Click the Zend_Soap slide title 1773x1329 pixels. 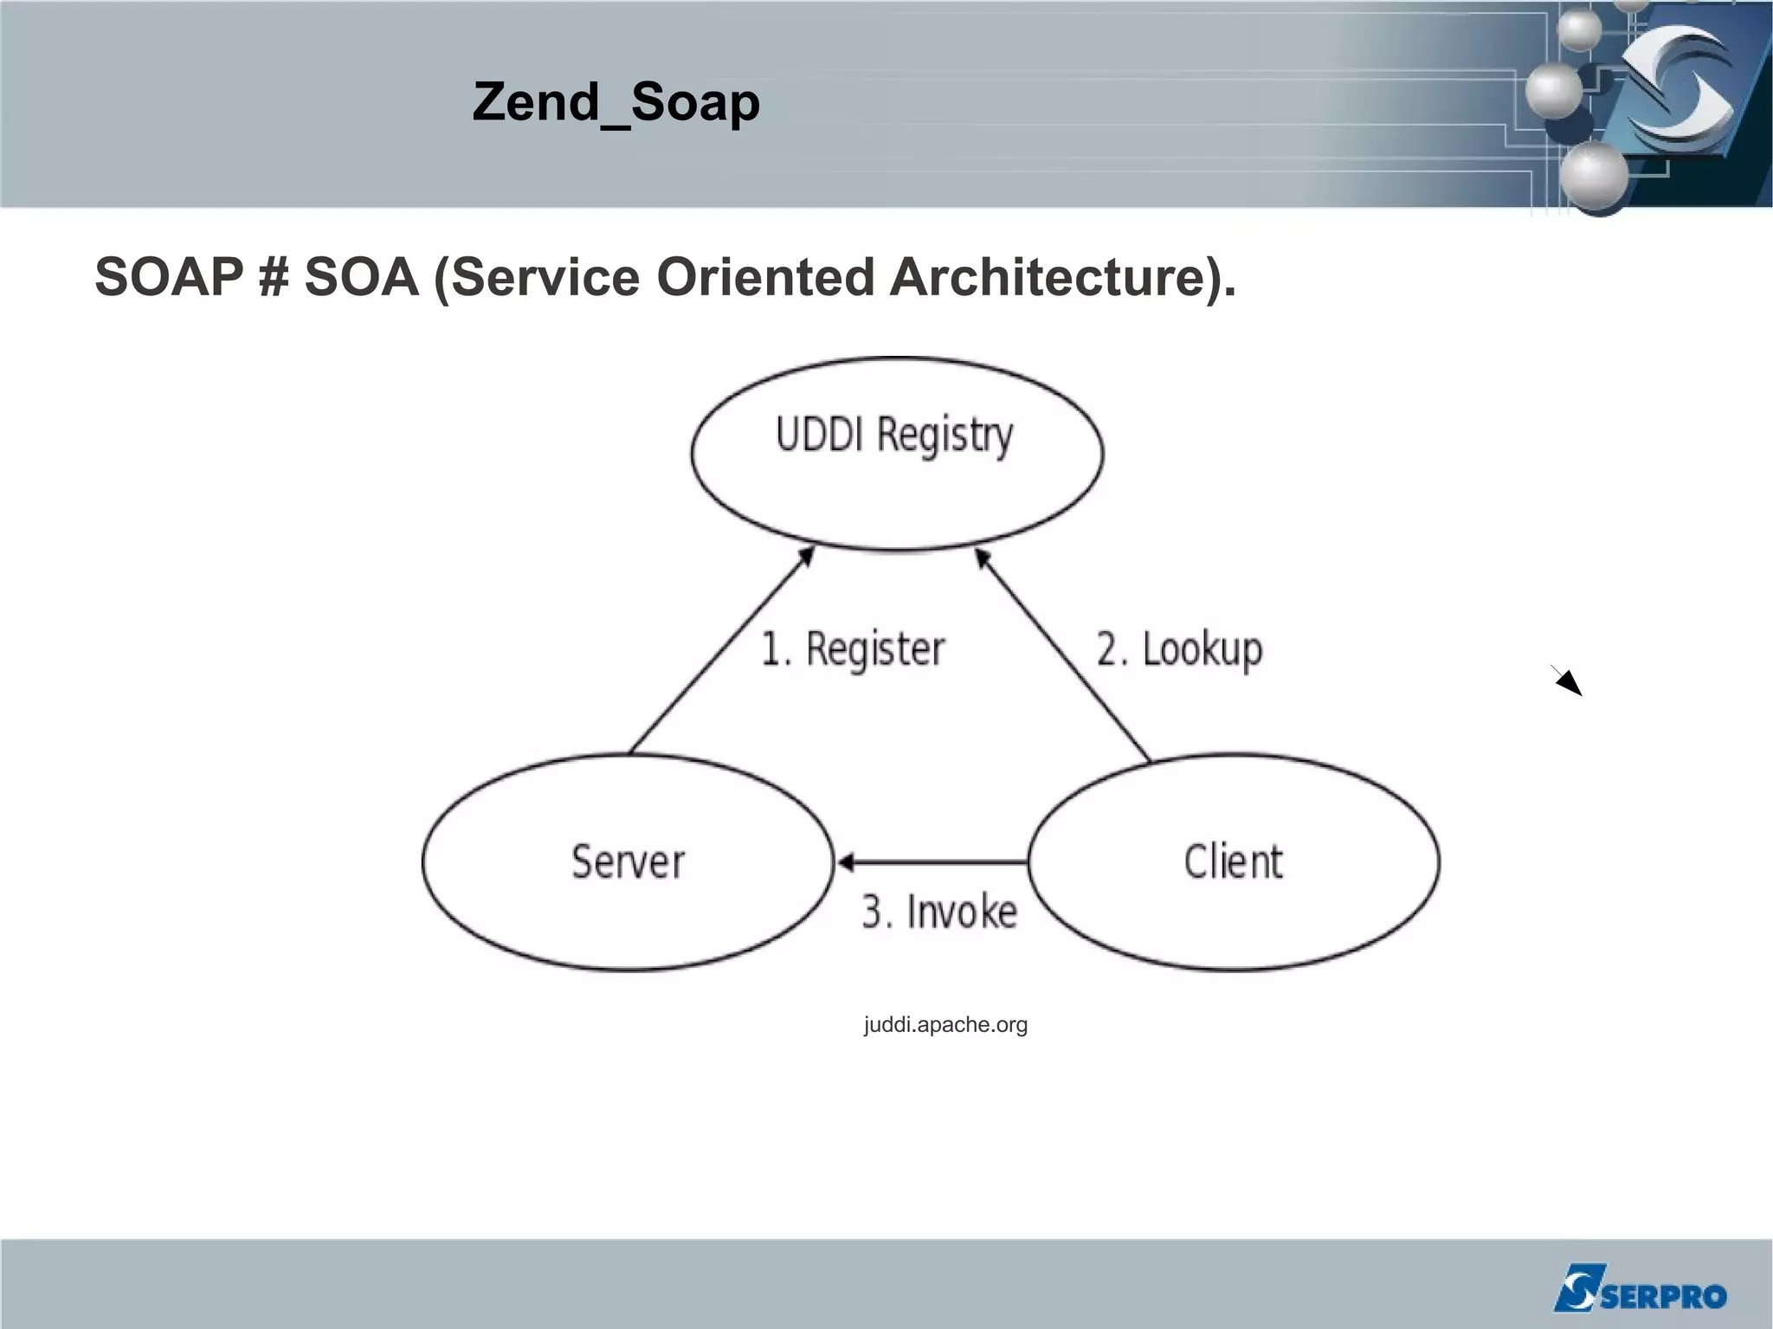coord(616,102)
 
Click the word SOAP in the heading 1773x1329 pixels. coord(169,277)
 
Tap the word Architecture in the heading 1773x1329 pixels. coord(1061,277)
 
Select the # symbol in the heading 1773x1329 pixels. coord(273,278)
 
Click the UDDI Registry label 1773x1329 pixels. coord(893,435)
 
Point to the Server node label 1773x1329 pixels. coord(628,862)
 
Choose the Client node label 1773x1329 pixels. coord(1233,862)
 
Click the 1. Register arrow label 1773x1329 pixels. coord(853,649)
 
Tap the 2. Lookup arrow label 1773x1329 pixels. coord(1179,649)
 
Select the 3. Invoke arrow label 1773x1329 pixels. coord(939,913)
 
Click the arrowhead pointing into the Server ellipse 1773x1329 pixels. coord(845,862)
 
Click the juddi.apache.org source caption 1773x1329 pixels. coord(945,1025)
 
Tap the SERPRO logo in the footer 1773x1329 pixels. coord(1639,1288)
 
